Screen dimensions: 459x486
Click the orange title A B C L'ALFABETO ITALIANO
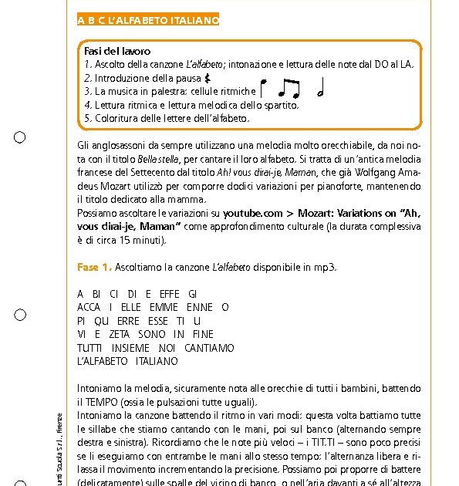pyautogui.click(x=148, y=20)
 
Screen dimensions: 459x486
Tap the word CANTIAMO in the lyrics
pyautogui.click(x=209, y=348)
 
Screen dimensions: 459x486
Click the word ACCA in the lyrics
pyautogui.click(x=89, y=307)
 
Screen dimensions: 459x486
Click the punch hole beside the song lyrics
pyautogui.click(x=20, y=315)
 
